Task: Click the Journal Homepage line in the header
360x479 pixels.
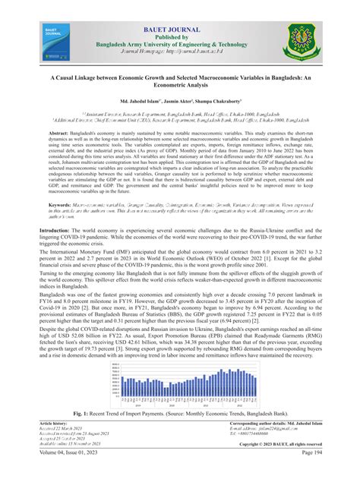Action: point(180,53)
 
